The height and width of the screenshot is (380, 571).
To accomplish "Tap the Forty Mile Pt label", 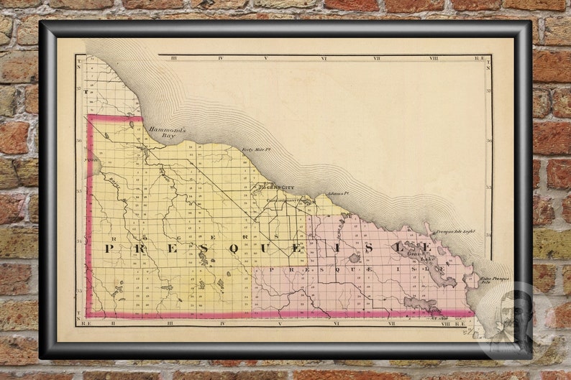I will (255, 149).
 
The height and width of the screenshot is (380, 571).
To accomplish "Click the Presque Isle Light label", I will (455, 231).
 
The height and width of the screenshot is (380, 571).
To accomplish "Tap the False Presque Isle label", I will (495, 279).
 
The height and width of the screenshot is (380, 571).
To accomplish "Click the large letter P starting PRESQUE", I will (109, 248).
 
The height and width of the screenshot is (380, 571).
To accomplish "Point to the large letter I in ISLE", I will (339, 248).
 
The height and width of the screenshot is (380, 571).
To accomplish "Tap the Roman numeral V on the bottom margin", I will (266, 324).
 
